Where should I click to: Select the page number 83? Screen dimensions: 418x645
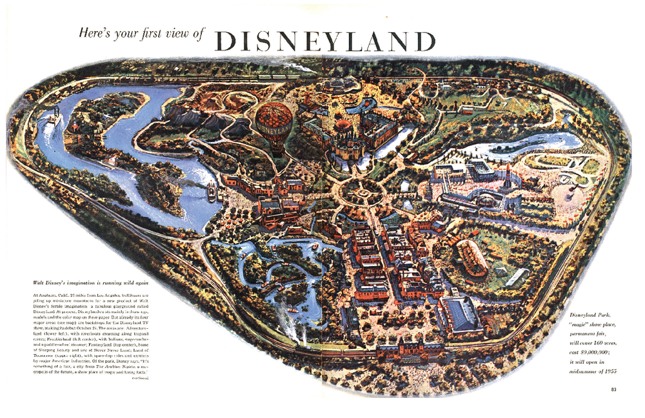click(x=613, y=388)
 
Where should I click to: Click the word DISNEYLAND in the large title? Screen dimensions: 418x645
click(x=326, y=40)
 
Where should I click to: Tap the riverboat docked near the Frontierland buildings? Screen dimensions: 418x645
click(x=212, y=191)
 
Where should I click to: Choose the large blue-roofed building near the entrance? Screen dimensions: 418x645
click(x=460, y=315)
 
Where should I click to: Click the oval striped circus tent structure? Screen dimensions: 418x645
click(x=472, y=257)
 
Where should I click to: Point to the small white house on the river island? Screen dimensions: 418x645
click(x=112, y=160)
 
